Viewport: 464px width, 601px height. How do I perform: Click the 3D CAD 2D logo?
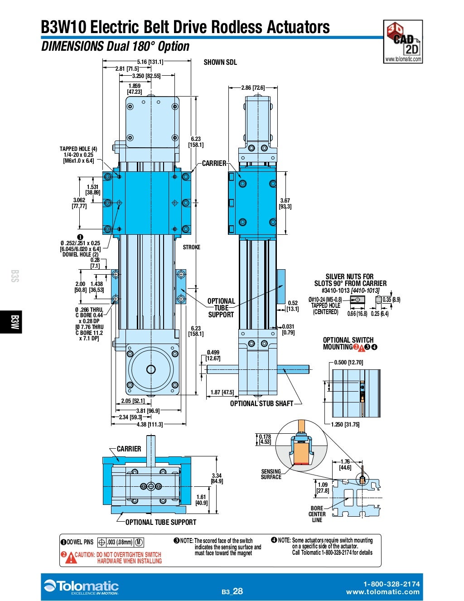click(403, 41)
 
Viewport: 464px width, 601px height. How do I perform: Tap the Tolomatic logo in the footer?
click(82, 587)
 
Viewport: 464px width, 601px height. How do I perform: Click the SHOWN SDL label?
click(220, 63)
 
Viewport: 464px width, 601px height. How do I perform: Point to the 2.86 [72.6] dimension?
click(253, 87)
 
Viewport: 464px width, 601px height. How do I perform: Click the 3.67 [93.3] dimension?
click(285, 204)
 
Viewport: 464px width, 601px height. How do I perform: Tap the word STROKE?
click(191, 247)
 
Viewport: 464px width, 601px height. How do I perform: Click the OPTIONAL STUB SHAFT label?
click(261, 403)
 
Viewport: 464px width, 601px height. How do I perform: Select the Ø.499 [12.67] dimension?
click(213, 355)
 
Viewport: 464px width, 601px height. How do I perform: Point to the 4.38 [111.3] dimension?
click(150, 424)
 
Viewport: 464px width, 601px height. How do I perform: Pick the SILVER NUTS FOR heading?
click(350, 276)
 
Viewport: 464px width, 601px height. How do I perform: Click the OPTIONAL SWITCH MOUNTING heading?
click(348, 344)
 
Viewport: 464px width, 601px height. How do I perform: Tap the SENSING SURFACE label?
click(271, 474)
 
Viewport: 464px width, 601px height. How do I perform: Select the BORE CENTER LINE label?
click(317, 514)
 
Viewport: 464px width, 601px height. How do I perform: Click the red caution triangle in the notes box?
click(71, 558)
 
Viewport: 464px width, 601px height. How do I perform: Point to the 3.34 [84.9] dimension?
click(217, 478)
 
